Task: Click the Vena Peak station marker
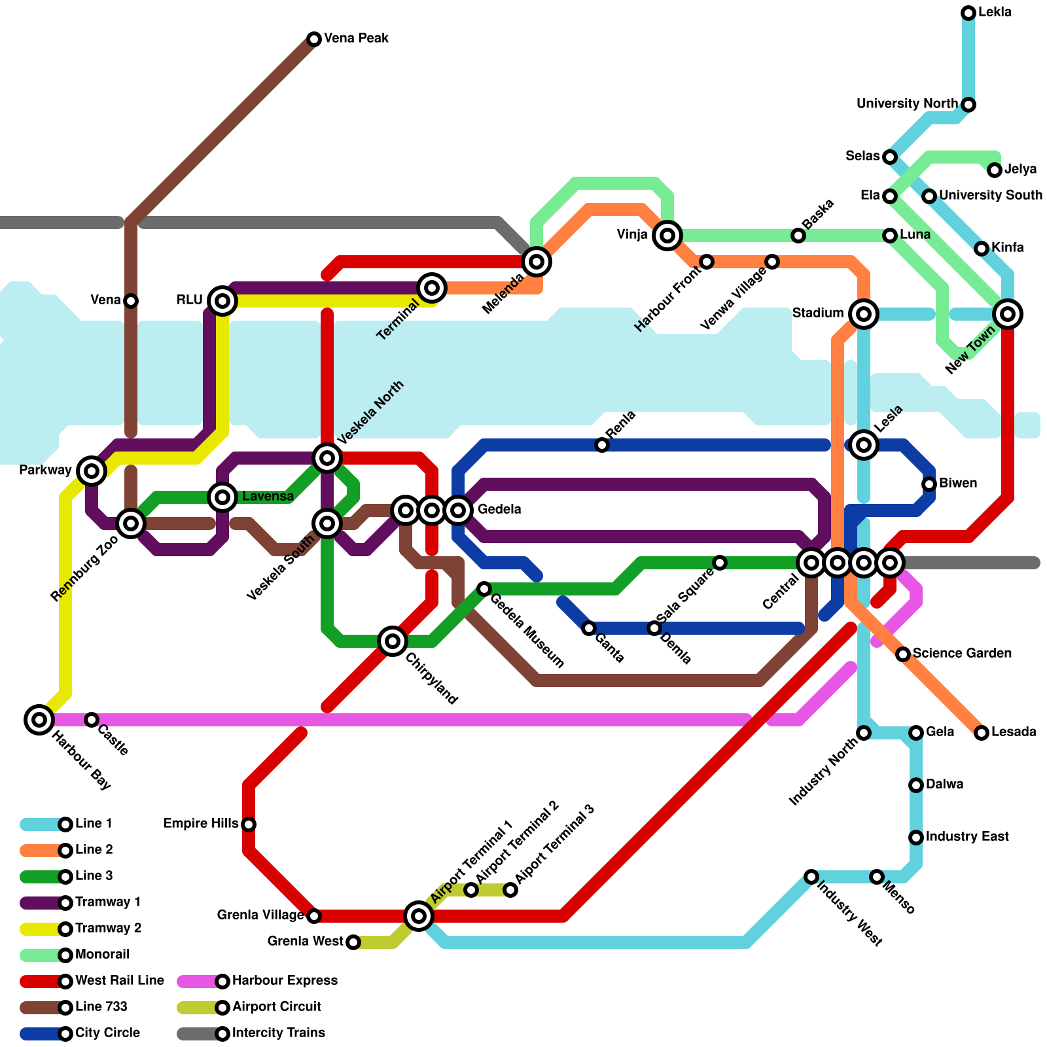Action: point(314,39)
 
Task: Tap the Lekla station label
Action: point(995,12)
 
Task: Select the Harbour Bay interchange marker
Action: point(39,720)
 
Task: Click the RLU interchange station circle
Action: point(222,301)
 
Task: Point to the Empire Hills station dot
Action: point(249,825)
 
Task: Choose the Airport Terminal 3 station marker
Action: point(510,890)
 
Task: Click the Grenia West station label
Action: point(305,942)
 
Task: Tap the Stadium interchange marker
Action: point(864,314)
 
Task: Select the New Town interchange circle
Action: point(1008,314)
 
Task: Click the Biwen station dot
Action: point(929,484)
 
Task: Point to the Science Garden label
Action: point(962,654)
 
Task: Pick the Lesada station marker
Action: point(982,733)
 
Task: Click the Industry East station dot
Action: point(916,838)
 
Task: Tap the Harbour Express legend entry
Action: point(284,981)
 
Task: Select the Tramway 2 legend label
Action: point(108,929)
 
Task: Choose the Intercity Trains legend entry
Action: point(278,1033)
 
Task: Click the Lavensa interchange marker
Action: point(222,497)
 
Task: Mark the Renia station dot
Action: point(602,445)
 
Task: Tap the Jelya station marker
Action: point(995,170)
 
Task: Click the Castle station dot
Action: point(92,720)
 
